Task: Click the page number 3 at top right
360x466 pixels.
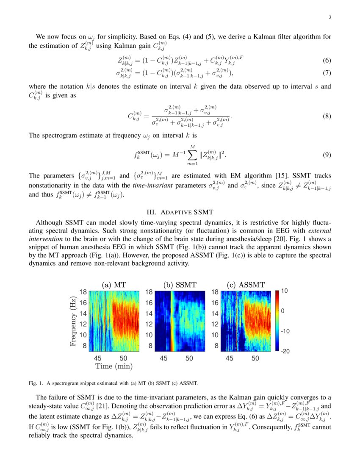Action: (x=329, y=17)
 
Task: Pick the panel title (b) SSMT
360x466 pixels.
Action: (x=180, y=285)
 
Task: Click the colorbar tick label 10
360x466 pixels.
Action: (x=284, y=291)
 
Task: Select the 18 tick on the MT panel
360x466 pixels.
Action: (x=84, y=291)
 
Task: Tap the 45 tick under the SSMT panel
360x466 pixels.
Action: (x=163, y=358)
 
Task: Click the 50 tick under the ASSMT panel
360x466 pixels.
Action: (x=255, y=358)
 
